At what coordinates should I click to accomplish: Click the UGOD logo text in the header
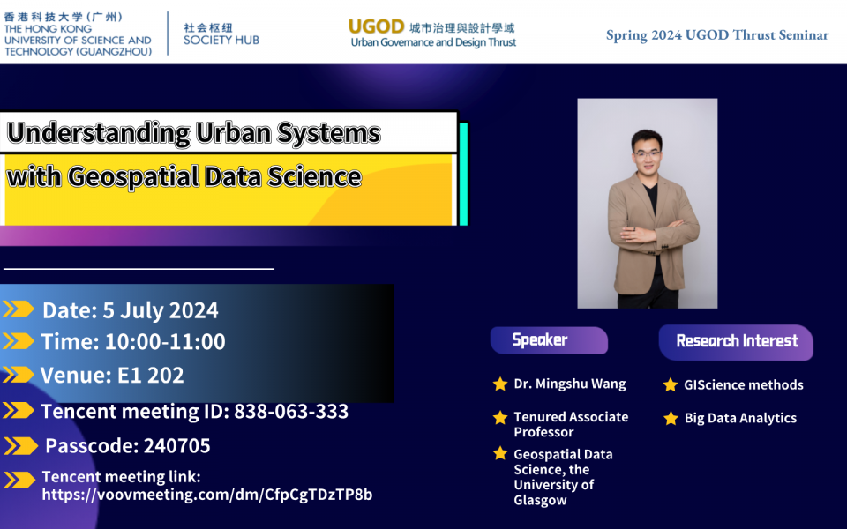(x=377, y=26)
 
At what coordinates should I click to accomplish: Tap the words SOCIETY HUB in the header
(x=221, y=40)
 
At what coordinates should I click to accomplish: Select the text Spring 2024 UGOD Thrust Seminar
(x=716, y=35)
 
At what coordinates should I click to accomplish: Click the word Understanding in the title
(x=98, y=133)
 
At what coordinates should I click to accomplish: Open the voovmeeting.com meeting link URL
(x=207, y=495)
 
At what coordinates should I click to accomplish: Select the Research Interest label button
(x=736, y=341)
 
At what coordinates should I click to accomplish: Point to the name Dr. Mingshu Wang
(x=570, y=384)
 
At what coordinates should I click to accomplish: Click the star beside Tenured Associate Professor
(x=500, y=417)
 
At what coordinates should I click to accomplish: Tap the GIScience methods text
(x=744, y=384)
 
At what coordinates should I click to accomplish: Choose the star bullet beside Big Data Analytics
(x=671, y=418)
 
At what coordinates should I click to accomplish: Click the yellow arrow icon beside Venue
(x=19, y=376)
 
